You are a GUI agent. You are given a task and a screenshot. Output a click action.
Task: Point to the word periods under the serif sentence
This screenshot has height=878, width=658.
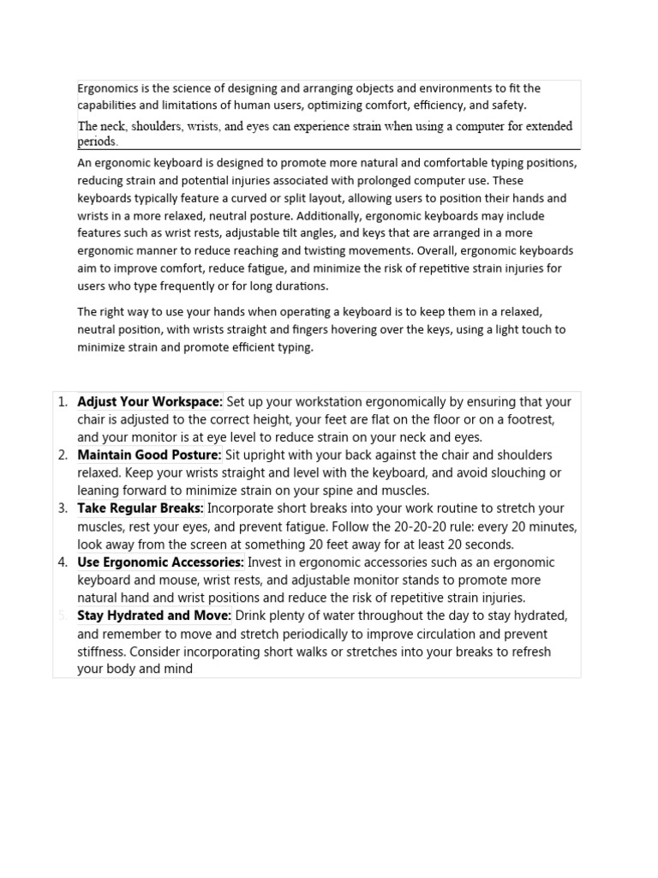(97, 141)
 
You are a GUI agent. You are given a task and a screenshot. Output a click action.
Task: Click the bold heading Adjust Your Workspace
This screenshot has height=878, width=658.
(150, 401)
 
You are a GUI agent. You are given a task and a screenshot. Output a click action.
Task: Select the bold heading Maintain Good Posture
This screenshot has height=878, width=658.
(149, 455)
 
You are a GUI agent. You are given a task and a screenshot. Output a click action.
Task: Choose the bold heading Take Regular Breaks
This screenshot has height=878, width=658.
(141, 508)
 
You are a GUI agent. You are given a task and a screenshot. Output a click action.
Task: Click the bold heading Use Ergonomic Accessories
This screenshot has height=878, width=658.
(160, 562)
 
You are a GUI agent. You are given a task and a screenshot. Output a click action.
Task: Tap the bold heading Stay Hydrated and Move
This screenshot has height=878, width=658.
(154, 616)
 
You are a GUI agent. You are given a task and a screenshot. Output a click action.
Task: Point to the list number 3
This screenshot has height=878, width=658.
(63, 508)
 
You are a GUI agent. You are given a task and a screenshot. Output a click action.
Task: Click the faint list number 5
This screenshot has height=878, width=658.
(63, 616)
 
